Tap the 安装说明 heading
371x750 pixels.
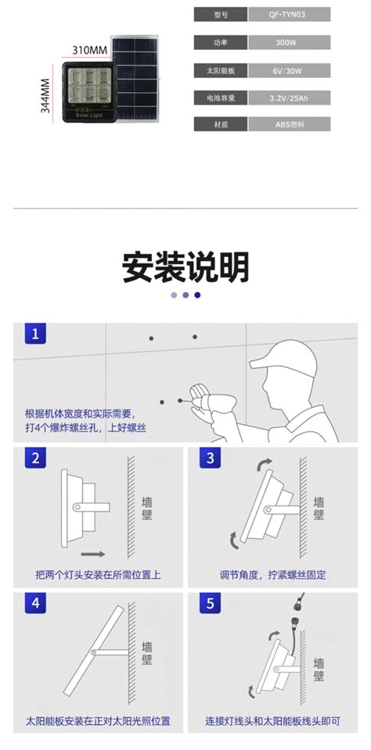coord(185,267)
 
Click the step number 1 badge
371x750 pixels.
coord(34,335)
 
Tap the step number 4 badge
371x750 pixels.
coord(34,604)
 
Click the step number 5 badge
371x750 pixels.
coord(208,604)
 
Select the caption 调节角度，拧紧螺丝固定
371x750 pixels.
coord(272,575)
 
